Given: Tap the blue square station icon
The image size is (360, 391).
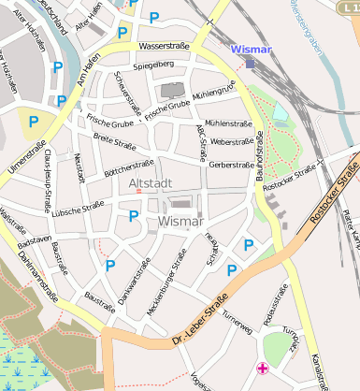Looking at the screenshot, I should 251,63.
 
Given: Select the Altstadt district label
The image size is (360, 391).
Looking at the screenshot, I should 150,183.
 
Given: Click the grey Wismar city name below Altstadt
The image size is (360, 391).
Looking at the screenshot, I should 180,222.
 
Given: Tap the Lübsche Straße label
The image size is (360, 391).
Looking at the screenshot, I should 79,209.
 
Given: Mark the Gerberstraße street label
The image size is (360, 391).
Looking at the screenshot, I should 232,165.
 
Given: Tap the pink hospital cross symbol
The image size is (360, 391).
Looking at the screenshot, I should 265,369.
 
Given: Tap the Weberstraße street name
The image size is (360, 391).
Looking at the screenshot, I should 233,142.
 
